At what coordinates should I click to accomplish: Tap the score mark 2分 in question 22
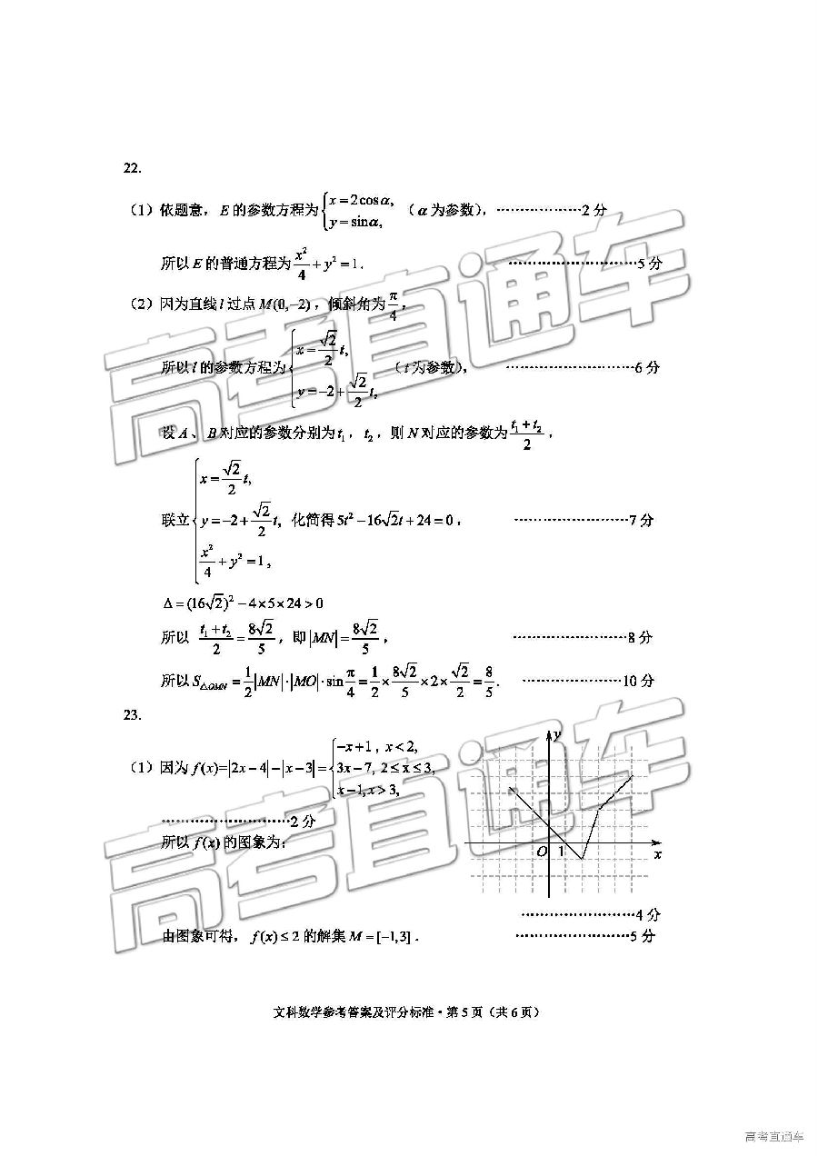click(594, 210)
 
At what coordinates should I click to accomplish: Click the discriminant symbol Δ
click(165, 603)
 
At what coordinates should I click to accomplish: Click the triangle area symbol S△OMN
click(210, 682)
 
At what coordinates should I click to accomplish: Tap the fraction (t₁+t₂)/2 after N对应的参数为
click(526, 434)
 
